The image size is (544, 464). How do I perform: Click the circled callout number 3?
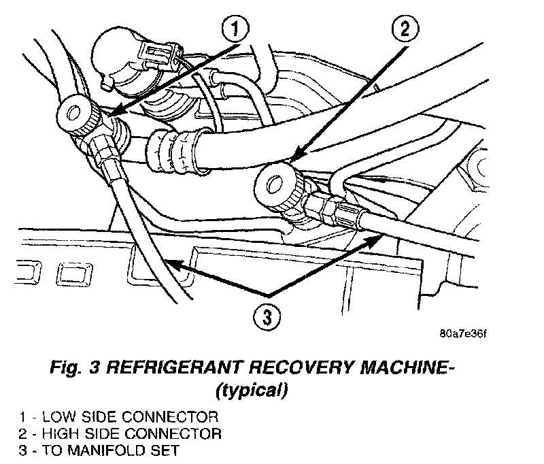click(x=266, y=316)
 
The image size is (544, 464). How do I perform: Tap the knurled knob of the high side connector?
click(x=281, y=185)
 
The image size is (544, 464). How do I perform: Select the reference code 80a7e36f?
click(x=464, y=334)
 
